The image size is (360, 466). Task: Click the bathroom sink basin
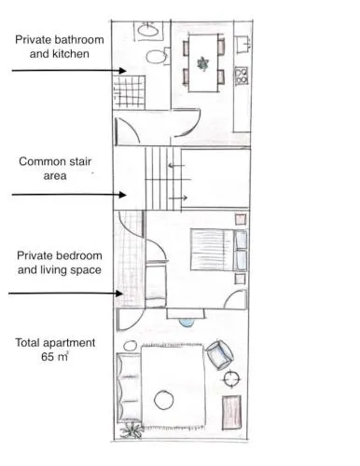click(148, 30)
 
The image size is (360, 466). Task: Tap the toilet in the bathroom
click(158, 56)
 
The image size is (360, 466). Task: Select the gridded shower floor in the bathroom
click(129, 92)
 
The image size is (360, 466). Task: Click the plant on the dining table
click(202, 63)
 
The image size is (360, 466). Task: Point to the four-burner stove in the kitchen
click(242, 75)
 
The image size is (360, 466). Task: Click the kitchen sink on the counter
click(243, 45)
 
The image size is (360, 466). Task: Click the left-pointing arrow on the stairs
click(176, 166)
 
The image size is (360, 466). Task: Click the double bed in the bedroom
click(219, 250)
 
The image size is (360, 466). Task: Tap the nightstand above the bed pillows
click(241, 219)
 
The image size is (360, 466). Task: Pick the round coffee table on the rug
click(164, 400)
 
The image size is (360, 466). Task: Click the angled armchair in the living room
click(220, 355)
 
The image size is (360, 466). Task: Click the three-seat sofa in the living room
click(129, 388)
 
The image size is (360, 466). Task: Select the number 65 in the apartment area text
click(48, 357)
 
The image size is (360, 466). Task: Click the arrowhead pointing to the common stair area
click(122, 195)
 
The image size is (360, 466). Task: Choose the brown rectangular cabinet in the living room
click(231, 413)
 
